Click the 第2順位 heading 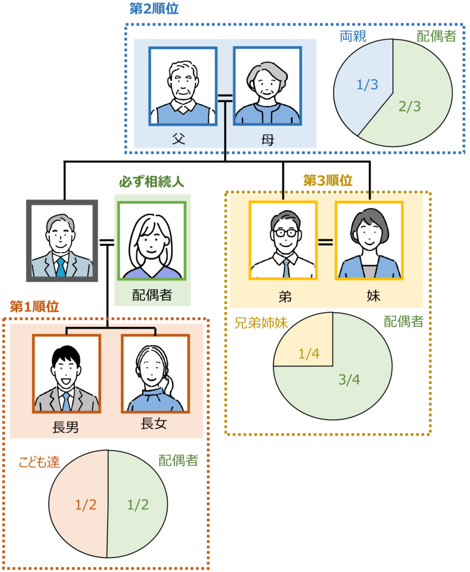153,9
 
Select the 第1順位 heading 35,307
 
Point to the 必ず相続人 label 151,182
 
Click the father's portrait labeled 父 183,86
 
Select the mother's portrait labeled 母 267,86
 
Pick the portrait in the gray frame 61,241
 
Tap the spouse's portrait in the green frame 152,241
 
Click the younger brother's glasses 284,231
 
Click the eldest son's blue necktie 67,401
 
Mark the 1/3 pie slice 367,85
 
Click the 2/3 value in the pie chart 410,107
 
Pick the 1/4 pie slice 310,354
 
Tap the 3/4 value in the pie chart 349,380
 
